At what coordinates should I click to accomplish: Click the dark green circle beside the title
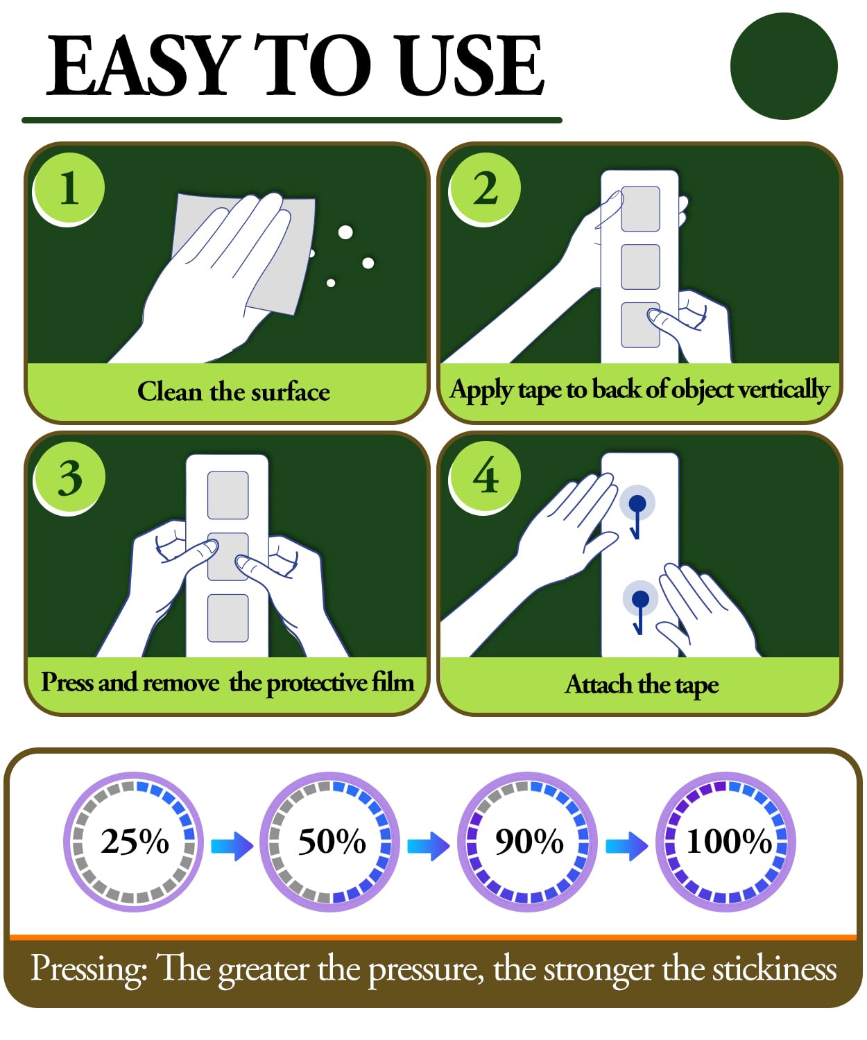(x=783, y=67)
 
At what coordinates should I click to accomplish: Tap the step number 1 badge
(x=68, y=189)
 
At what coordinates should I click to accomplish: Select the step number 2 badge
(x=484, y=189)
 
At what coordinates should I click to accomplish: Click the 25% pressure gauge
(x=134, y=841)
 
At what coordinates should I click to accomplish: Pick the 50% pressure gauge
(x=330, y=841)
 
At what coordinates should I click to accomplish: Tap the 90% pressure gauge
(x=527, y=841)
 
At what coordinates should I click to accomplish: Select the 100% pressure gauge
(x=726, y=841)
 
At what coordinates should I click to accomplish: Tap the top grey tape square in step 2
(x=640, y=209)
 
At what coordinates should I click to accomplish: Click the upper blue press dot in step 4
(x=637, y=503)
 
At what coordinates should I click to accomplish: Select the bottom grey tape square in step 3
(x=228, y=618)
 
